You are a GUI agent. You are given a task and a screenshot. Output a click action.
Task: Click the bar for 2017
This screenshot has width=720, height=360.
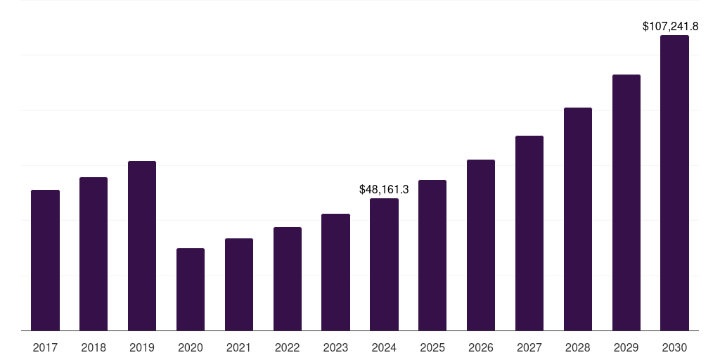45,260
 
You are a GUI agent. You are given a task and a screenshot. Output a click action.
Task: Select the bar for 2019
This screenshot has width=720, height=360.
142,246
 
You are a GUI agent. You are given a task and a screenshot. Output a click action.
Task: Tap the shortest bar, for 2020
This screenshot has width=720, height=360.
191,289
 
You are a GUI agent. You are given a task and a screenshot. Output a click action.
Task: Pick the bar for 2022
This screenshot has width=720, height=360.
288,278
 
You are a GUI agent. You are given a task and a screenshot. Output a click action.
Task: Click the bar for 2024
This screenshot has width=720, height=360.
384,264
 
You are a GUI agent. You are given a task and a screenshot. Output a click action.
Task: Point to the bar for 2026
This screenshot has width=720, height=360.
481,245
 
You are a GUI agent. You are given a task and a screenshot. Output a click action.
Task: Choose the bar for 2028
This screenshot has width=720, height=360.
578,219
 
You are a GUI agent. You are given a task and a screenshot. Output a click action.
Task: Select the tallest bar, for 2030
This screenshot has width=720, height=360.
674,183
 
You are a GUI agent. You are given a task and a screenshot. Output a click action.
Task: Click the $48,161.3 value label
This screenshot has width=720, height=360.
384,189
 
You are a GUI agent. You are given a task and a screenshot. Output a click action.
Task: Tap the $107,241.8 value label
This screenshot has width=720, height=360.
670,26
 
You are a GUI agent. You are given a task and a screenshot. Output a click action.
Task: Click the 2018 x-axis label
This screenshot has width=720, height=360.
94,347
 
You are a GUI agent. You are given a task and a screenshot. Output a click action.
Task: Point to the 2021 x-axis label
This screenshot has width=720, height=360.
239,347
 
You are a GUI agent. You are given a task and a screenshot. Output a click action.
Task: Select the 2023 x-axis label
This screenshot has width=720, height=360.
335,347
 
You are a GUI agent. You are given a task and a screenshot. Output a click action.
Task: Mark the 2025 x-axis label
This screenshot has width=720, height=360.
432,347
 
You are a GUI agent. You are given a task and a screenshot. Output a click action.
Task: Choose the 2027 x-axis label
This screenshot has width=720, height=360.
529,347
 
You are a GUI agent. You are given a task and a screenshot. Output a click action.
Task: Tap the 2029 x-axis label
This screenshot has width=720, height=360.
626,347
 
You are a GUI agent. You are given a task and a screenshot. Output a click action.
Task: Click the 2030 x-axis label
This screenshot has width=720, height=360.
674,347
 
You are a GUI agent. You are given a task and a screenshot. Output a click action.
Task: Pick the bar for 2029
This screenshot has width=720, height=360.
626,202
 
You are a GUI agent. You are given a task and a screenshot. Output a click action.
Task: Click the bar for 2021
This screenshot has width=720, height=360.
239,284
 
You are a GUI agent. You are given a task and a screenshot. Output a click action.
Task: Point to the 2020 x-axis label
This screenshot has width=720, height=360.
191,347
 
